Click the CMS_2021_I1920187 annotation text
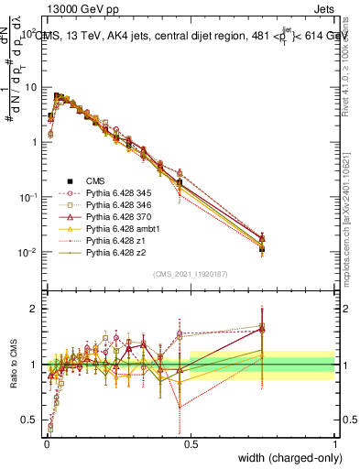coord(189,274)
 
